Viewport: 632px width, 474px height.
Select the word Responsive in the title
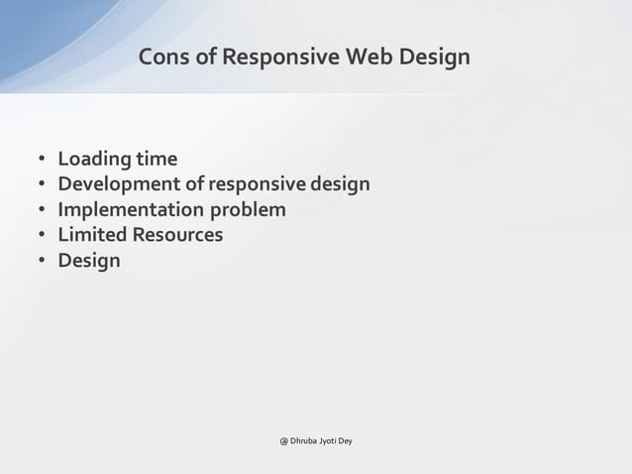[281, 59]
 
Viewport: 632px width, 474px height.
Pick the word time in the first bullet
[158, 159]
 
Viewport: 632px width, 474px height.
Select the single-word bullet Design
[89, 262]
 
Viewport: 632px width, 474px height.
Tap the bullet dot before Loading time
[43, 160]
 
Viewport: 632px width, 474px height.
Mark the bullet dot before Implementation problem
[43, 211]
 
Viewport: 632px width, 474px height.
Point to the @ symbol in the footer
[283, 440]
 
